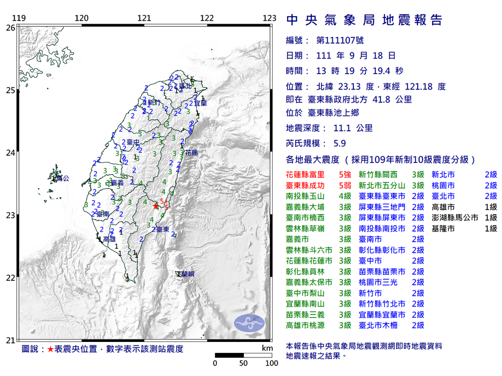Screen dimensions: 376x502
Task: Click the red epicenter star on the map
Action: [156, 206]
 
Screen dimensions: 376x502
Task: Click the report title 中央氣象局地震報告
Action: [364, 20]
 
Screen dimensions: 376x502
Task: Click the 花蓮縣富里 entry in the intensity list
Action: [305, 174]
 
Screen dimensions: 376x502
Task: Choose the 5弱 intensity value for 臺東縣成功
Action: [344, 185]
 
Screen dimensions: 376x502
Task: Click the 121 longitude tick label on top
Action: [145, 19]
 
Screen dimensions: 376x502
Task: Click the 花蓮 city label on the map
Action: [191, 152]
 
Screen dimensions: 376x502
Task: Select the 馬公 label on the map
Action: [62, 178]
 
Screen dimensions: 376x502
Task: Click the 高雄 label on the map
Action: [109, 239]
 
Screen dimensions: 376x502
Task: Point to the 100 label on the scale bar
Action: [272, 363]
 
